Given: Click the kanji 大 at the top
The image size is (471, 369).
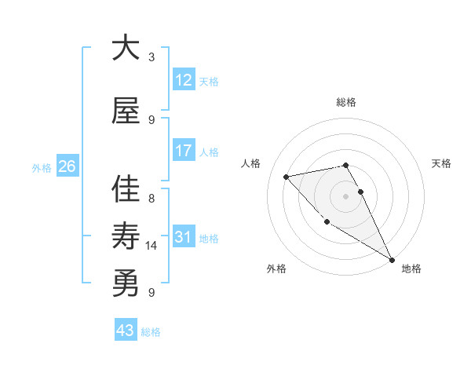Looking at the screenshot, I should click(126, 49).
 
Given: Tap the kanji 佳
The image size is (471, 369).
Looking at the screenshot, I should click(126, 189).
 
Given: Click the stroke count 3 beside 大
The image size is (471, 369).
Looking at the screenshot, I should click(152, 57).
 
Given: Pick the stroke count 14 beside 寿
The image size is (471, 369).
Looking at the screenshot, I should click(152, 246).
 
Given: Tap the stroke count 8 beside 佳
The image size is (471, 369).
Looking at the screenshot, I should click(152, 199).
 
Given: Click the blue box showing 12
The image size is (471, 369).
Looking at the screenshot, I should click(184, 80).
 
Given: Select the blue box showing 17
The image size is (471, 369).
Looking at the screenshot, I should click(184, 151).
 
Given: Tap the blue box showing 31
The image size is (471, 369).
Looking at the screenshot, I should click(184, 237).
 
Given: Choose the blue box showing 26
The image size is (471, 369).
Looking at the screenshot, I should click(68, 166).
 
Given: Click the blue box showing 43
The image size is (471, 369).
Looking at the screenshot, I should click(126, 331).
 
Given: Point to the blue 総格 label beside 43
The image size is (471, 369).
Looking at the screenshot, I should click(152, 332).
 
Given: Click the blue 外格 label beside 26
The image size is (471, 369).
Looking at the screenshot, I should click(42, 167).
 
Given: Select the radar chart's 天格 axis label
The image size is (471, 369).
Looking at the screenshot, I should click(442, 163).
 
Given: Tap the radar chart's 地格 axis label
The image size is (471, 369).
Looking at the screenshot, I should click(411, 269).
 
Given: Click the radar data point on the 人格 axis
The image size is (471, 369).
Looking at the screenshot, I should click(287, 177).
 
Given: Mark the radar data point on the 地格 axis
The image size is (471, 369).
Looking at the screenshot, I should click(392, 260).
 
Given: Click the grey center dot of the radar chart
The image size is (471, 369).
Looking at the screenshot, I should click(345, 196).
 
